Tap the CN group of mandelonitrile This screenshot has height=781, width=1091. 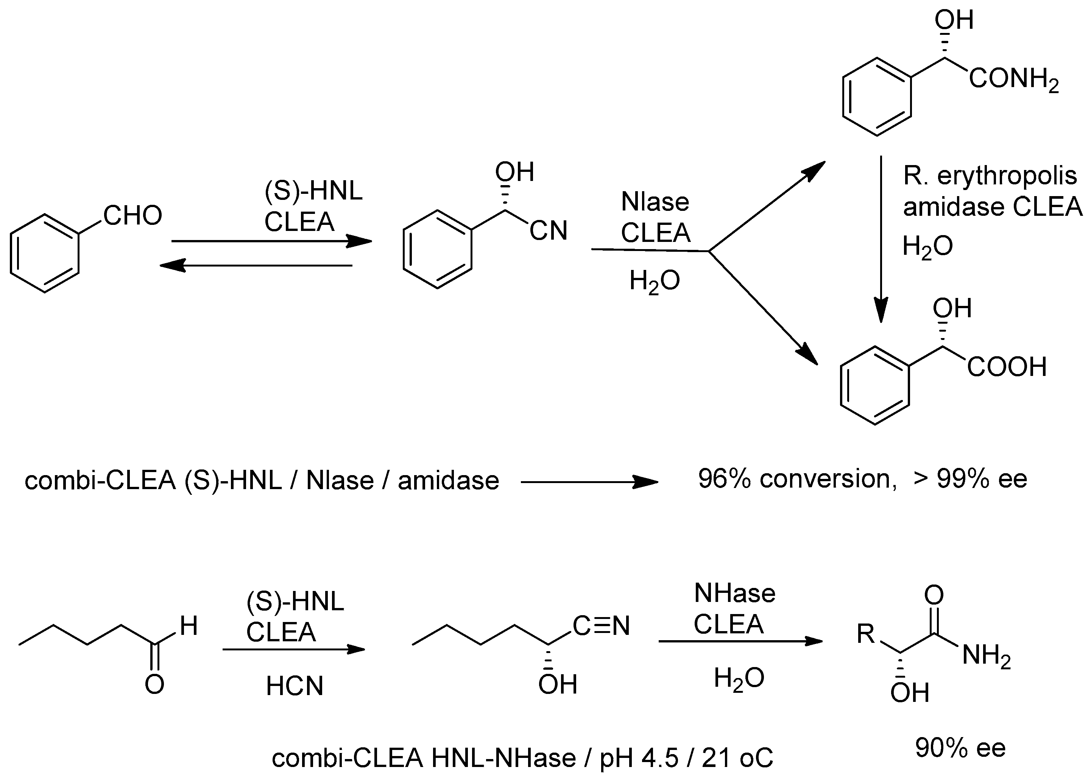(548, 231)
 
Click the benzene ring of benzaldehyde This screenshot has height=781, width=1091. (44, 253)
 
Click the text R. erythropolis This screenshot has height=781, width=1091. (990, 176)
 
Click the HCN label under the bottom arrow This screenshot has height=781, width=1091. (294, 686)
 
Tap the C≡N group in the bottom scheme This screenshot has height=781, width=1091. (601, 626)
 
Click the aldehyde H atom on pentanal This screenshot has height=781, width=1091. (189, 626)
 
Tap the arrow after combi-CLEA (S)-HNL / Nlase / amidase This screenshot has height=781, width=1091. (589, 482)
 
